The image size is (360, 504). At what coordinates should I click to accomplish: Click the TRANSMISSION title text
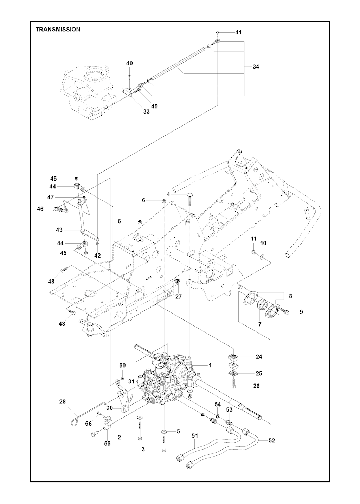coord(58,30)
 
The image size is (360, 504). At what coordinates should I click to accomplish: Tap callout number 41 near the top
coord(238,32)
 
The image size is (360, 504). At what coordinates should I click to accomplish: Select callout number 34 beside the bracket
coord(256,66)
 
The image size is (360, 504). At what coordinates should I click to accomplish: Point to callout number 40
coord(129,63)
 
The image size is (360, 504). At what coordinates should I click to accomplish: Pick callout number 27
coord(179,296)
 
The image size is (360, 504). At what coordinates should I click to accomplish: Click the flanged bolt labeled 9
coord(285,311)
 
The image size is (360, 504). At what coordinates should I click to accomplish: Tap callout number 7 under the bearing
coord(260,324)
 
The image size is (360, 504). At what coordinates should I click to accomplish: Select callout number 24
coord(259,357)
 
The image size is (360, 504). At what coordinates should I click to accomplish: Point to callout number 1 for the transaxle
coord(210,365)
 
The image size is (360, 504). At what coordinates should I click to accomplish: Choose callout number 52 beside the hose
coord(271,440)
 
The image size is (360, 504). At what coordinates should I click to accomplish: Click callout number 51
coord(195,436)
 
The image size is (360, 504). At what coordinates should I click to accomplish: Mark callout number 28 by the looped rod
coord(63,401)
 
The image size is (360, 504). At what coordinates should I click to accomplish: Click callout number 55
coord(107,444)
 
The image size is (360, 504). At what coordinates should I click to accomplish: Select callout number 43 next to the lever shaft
coord(59,230)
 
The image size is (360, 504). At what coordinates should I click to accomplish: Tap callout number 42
coord(97,256)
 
